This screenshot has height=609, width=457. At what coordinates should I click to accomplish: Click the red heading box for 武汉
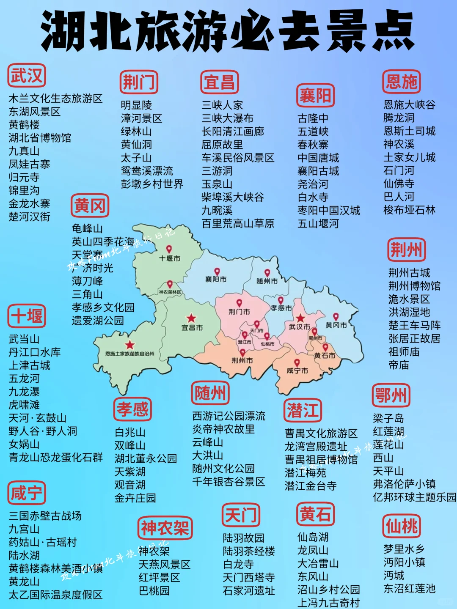pos(27,76)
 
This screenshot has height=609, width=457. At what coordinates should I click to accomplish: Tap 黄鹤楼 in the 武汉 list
pos(24,125)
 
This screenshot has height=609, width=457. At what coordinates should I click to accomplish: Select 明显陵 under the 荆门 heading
pos(136,105)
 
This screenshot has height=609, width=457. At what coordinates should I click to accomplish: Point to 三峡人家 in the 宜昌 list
pos(222,105)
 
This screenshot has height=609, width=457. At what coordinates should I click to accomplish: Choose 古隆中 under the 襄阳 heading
pos(313,118)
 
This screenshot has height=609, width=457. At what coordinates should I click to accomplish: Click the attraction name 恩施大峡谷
pos(409,104)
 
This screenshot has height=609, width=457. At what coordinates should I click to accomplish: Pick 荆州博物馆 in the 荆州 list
pos(414,286)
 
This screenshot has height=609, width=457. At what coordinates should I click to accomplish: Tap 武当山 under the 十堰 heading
pos(24,339)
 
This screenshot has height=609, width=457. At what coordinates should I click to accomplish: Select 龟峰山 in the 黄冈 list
pos(87,228)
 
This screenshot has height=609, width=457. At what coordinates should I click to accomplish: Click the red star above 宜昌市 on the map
pos(191,318)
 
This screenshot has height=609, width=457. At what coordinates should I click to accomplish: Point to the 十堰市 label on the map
pos(170,258)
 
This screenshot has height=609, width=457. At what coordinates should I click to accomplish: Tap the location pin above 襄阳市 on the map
pos(217,271)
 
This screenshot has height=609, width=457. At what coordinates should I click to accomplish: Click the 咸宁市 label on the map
pos(297,370)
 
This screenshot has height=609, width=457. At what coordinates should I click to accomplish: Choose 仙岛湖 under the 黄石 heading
pos(313,537)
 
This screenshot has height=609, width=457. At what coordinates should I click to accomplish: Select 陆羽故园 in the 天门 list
pos(243,538)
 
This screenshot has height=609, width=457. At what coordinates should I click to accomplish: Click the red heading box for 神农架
pos(165,528)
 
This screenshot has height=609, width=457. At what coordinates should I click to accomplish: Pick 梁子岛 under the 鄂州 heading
pos(388,419)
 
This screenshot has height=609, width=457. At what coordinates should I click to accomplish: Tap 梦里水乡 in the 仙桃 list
pos(404,549)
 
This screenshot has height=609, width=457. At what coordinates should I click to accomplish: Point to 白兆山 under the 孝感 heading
pos(130,432)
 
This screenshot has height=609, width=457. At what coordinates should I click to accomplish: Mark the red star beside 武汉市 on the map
pos(300,318)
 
